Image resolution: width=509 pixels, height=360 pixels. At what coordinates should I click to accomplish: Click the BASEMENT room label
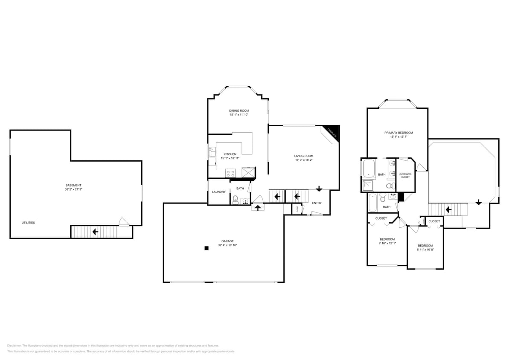(x=73, y=185)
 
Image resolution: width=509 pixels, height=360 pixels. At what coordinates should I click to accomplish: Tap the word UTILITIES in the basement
(x=28, y=223)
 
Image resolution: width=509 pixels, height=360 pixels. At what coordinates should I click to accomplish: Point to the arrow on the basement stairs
(x=95, y=232)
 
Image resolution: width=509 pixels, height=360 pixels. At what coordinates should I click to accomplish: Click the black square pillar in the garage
(x=207, y=248)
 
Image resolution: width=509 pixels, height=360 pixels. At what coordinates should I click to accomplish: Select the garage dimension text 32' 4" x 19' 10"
(x=227, y=245)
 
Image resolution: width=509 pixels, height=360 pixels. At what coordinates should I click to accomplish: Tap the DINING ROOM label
(x=239, y=110)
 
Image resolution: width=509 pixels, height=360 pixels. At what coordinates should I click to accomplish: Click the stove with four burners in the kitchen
(x=230, y=173)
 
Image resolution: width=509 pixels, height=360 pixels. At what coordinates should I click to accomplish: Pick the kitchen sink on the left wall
(x=212, y=152)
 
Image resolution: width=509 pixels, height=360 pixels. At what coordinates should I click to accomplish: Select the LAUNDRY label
(x=218, y=192)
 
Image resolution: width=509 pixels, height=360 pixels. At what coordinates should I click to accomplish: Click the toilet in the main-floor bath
(x=235, y=200)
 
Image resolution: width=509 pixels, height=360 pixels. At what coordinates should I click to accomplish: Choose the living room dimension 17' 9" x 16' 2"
(x=304, y=160)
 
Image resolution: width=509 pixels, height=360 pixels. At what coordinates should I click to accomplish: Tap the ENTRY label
(x=317, y=203)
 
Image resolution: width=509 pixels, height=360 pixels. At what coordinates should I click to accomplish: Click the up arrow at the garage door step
(x=258, y=208)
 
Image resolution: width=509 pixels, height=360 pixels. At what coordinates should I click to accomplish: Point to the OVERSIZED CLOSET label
(x=405, y=175)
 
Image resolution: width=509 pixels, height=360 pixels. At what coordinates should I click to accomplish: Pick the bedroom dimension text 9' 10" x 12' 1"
(x=387, y=243)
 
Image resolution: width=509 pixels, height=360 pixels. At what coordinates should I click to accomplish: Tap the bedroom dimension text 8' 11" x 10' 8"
(x=425, y=250)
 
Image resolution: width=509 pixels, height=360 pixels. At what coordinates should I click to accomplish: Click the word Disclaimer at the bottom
(x=14, y=345)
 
